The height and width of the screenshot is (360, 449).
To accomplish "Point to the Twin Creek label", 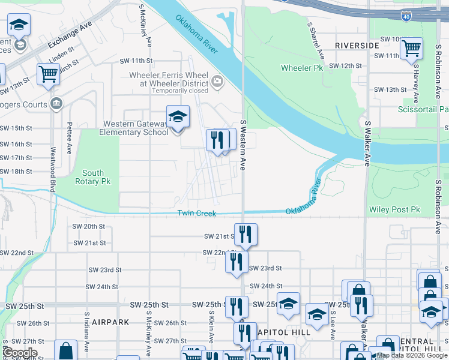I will [x=196, y=214].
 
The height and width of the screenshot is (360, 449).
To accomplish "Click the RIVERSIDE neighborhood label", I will [x=357, y=46].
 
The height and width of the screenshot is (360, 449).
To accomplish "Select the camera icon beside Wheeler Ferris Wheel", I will [x=217, y=80].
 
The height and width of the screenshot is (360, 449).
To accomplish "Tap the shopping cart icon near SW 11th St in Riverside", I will [x=411, y=48].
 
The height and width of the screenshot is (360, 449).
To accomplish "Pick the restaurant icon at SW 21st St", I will [x=244, y=234].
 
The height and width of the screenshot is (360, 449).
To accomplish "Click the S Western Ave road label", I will [x=243, y=144].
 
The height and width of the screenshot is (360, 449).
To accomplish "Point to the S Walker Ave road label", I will [x=366, y=143].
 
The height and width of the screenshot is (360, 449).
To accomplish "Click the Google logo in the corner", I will [x=20, y=353].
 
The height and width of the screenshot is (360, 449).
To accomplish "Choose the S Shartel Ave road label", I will [x=316, y=40].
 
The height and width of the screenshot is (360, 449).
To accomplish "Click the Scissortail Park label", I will [x=423, y=110].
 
